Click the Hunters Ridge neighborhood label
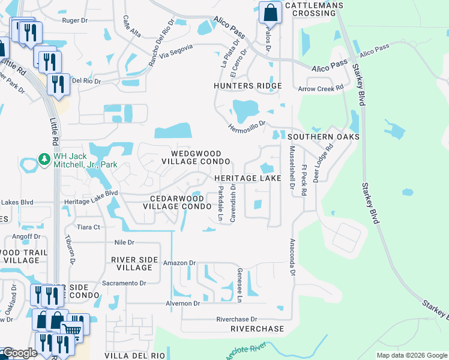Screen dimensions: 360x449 pos(248,86)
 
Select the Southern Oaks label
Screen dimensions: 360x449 pos(327,137)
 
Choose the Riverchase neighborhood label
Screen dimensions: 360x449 pos(257,329)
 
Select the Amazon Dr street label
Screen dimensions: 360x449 pos(179,263)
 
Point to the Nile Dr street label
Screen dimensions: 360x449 pos(125,242)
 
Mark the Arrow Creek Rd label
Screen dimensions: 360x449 pos(321,88)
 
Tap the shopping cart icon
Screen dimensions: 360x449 pos(72,329)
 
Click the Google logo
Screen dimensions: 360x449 pos(19,353)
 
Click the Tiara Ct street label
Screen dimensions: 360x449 pos(88,227)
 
